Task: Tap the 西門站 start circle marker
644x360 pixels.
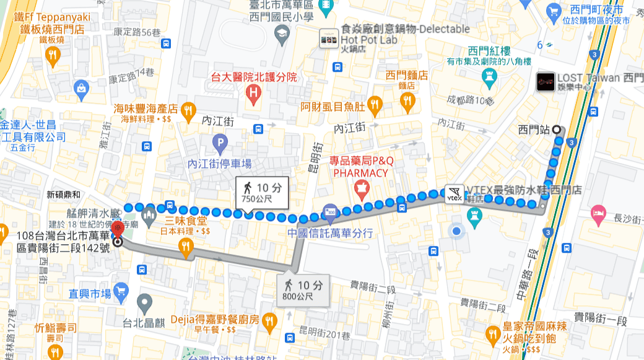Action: coord(556,130)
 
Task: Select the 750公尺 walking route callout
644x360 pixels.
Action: coord(262,192)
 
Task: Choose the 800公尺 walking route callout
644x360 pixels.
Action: coord(303,289)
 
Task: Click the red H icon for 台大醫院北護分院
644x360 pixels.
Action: coord(253,94)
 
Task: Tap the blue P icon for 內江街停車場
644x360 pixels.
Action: coord(219,145)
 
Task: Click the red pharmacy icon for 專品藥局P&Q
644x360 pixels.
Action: coord(359,187)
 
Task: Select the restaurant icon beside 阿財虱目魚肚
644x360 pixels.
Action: coord(374,105)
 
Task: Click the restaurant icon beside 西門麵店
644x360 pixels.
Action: coord(407,101)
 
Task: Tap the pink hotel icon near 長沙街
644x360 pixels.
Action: coord(598,211)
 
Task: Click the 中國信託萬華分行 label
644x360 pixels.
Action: coord(329,233)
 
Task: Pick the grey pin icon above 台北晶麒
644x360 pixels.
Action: coord(144,304)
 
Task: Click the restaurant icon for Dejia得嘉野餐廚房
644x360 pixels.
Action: coord(269,321)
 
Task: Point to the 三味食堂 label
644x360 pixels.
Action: coord(185,221)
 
